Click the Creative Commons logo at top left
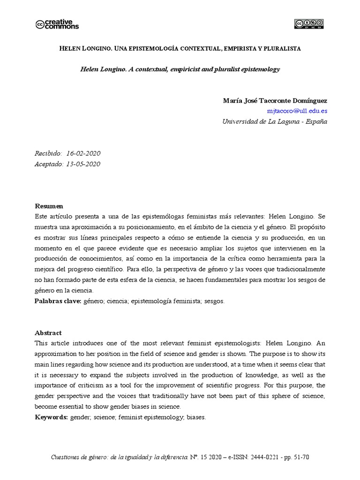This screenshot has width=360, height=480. tap(57, 24)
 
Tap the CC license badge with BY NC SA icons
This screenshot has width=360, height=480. tap(309, 24)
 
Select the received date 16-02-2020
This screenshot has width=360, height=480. tap(83, 154)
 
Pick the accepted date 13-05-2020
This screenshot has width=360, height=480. tap(83, 164)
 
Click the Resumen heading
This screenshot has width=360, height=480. tap(49, 206)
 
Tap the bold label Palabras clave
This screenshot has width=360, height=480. tap(58, 301)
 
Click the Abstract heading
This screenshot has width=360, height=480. tap(48, 333)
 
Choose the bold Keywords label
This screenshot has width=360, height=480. tap(52, 417)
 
